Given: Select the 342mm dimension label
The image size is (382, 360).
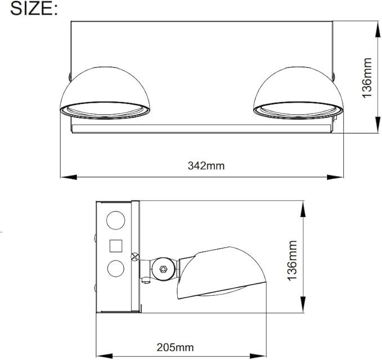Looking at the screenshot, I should tap(206, 165).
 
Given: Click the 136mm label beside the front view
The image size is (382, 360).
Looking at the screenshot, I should tap(366, 78).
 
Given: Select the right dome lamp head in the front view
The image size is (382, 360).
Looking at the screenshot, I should tap(296, 90).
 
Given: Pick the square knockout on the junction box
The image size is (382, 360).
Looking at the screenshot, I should tap(116, 246).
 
